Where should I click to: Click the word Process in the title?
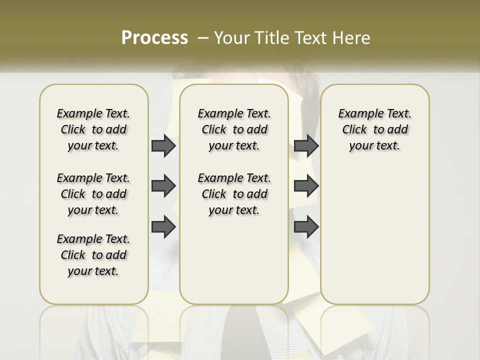pyautogui.click(x=154, y=38)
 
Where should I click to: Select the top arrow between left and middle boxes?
pyautogui.click(x=163, y=146)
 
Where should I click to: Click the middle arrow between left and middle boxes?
pyautogui.click(x=163, y=186)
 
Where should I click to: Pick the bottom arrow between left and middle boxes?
pyautogui.click(x=163, y=227)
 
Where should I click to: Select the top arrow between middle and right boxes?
pyautogui.click(x=306, y=146)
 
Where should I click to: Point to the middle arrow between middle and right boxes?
pyautogui.click(x=306, y=186)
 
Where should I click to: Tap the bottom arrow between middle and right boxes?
pyautogui.click(x=306, y=227)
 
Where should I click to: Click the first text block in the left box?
pyautogui.click(x=93, y=129)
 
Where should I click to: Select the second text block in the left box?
pyautogui.click(x=93, y=194)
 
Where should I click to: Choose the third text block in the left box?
pyautogui.click(x=93, y=255)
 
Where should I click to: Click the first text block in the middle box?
pyautogui.click(x=234, y=129)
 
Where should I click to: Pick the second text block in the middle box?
pyautogui.click(x=234, y=194)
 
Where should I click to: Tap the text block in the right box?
pyautogui.click(x=374, y=129)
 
